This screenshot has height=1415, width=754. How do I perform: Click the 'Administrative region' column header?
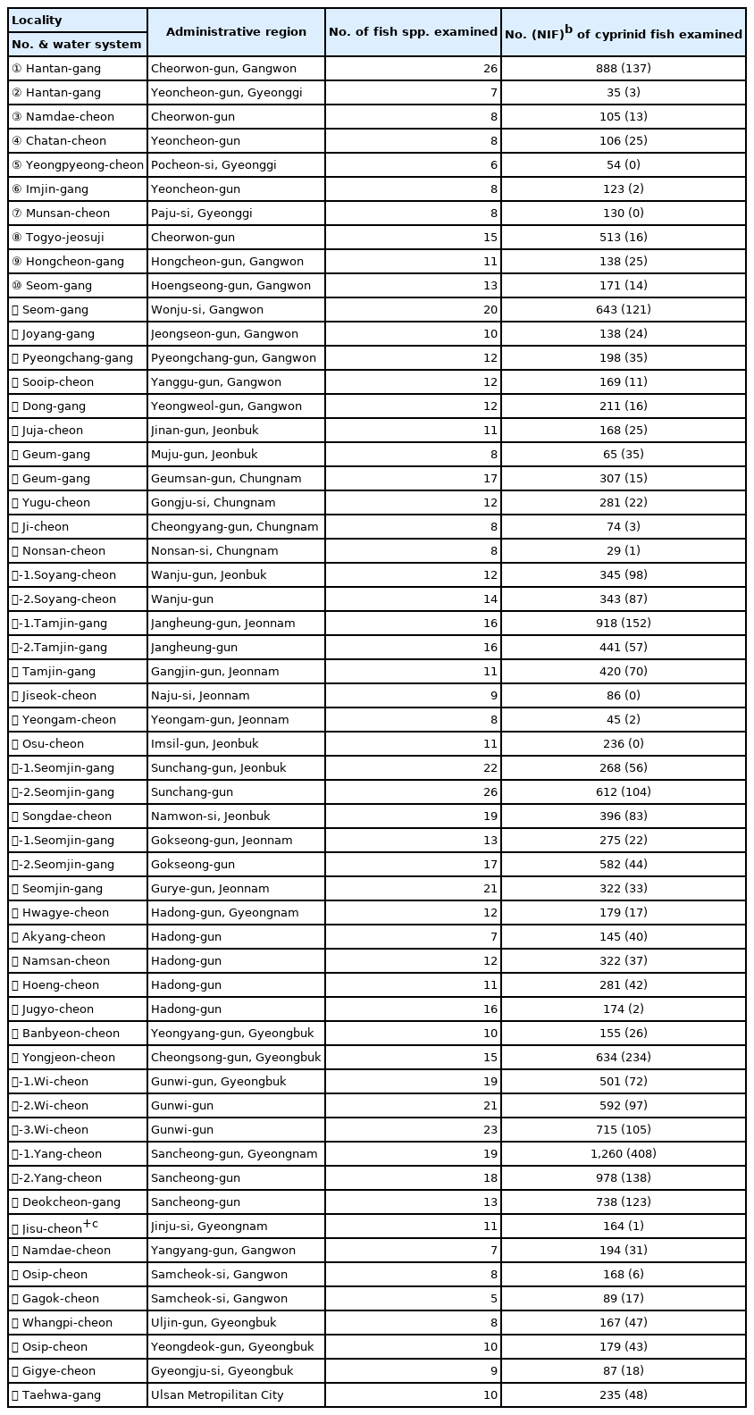coord(236,32)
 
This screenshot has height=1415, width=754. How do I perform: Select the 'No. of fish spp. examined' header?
coord(413,32)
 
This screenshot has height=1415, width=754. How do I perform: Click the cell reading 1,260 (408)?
coord(623,1154)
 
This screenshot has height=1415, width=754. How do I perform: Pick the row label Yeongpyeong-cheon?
coord(78,165)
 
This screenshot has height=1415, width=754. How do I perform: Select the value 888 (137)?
coord(623,69)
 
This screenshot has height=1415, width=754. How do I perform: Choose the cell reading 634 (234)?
coord(623,1058)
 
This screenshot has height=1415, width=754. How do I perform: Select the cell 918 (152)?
coord(623,624)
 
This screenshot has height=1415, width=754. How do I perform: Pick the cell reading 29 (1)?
coord(623,551)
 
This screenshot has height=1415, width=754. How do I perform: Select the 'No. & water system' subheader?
coord(77,45)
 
